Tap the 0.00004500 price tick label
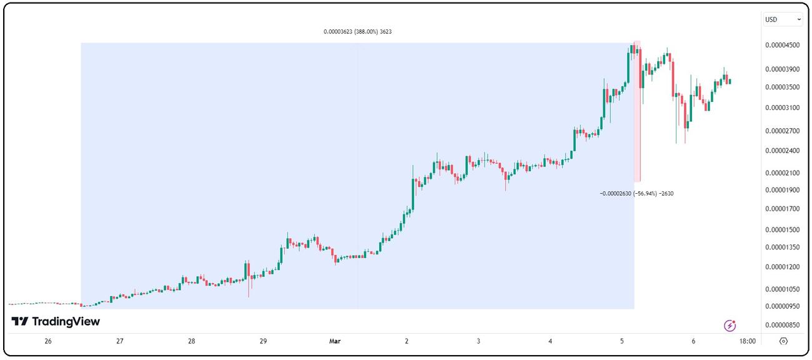783,46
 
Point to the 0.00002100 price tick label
783,173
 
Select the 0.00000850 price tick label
783,325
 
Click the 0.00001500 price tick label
783,230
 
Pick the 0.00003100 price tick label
783,108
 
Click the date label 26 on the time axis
48,341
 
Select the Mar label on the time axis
335,341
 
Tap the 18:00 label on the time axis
747,341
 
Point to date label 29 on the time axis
264,341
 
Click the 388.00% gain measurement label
358,31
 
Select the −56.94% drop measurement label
636,194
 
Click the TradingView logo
56,322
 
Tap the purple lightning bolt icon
730,326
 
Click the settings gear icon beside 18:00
783,341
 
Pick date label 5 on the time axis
622,341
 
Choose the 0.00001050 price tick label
783,289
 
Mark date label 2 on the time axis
407,341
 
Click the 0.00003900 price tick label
783,69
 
